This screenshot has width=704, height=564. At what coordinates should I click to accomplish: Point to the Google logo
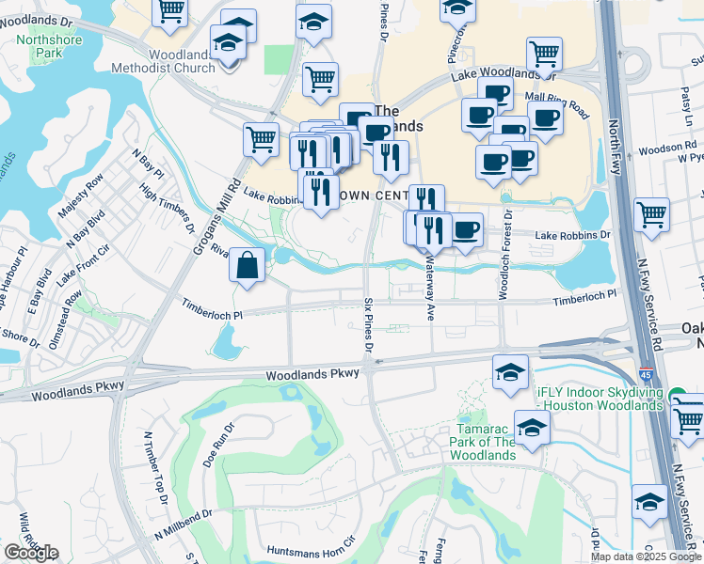(x=31, y=552)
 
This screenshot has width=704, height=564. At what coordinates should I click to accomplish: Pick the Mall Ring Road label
(x=556, y=102)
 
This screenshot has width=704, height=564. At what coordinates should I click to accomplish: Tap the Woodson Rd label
(x=667, y=148)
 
